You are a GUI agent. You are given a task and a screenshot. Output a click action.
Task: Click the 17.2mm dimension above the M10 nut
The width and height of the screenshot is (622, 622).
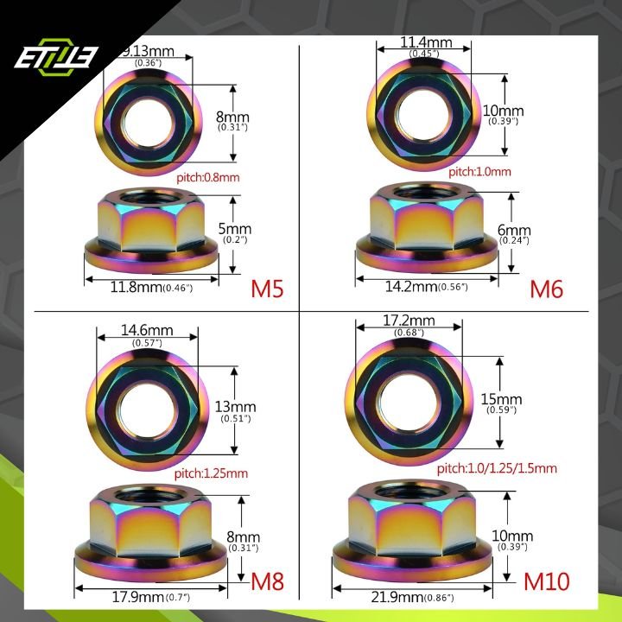[x=409, y=321]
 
